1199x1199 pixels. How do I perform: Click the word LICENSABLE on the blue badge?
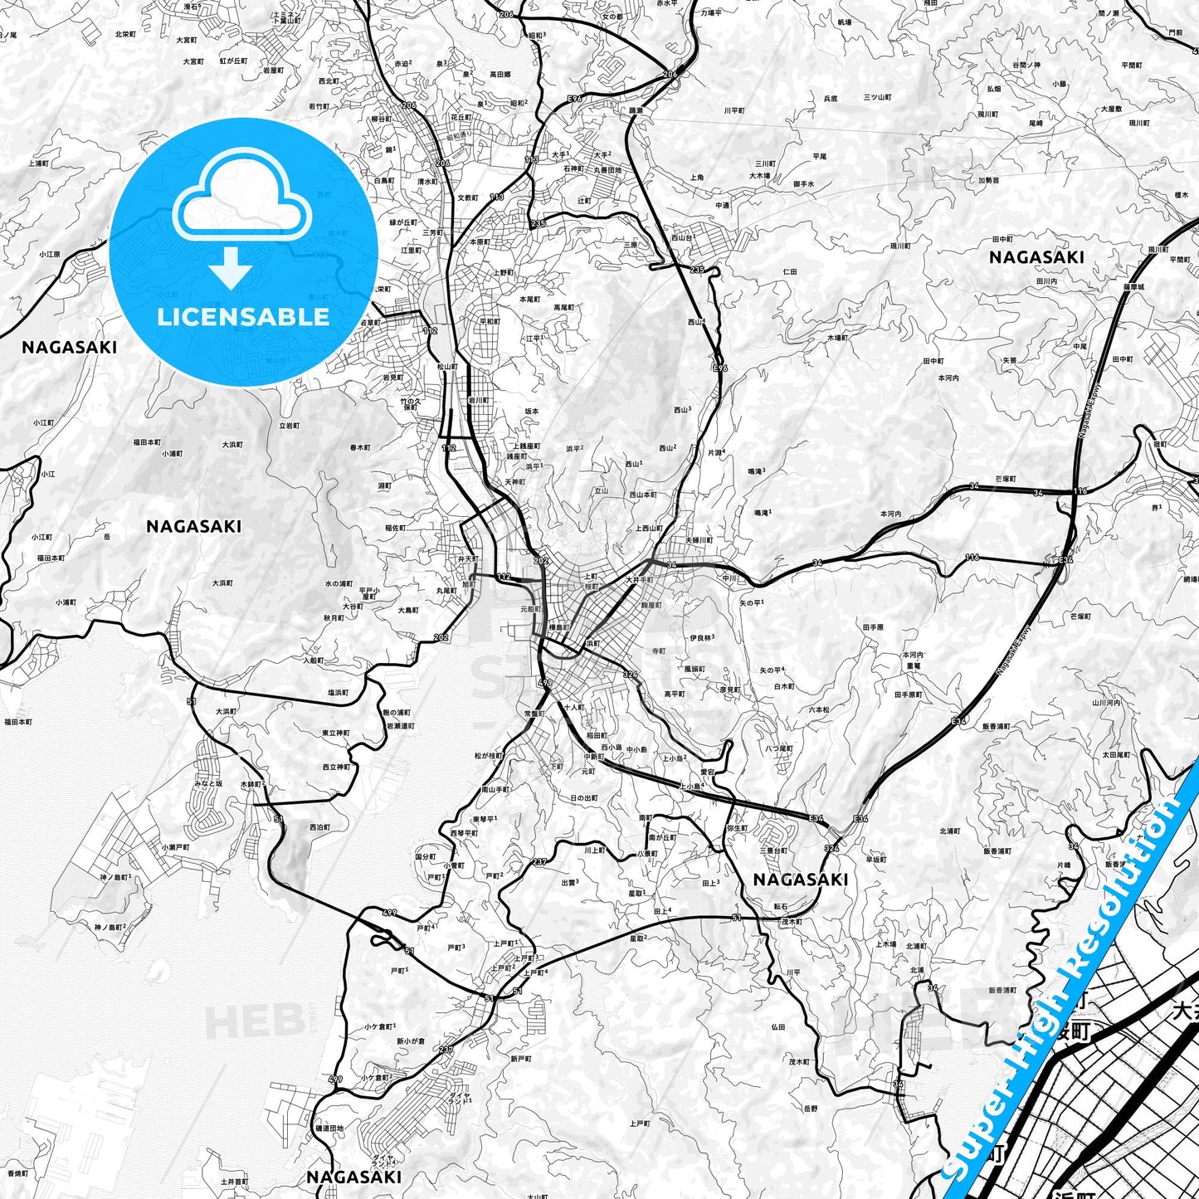click(243, 317)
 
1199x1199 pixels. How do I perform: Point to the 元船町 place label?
click(530, 609)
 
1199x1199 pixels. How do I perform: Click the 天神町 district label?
click(514, 482)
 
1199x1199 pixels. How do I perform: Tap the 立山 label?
click(602, 490)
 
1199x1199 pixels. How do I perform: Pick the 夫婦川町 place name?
click(698, 540)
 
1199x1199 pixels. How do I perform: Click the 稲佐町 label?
click(395, 527)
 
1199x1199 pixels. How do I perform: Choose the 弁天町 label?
click(469, 560)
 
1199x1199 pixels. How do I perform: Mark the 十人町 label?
click(574, 708)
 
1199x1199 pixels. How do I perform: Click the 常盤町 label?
click(534, 713)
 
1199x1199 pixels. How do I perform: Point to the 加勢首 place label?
click(988, 180)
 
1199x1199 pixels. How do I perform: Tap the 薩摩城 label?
click(1134, 286)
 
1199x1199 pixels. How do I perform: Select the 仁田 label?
click(790, 271)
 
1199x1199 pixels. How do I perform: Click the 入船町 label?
click(313, 660)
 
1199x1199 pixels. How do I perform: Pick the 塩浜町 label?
click(338, 692)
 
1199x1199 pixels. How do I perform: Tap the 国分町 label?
click(426, 855)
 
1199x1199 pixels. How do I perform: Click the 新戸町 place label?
click(520, 1058)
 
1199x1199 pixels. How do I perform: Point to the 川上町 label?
click(594, 850)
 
